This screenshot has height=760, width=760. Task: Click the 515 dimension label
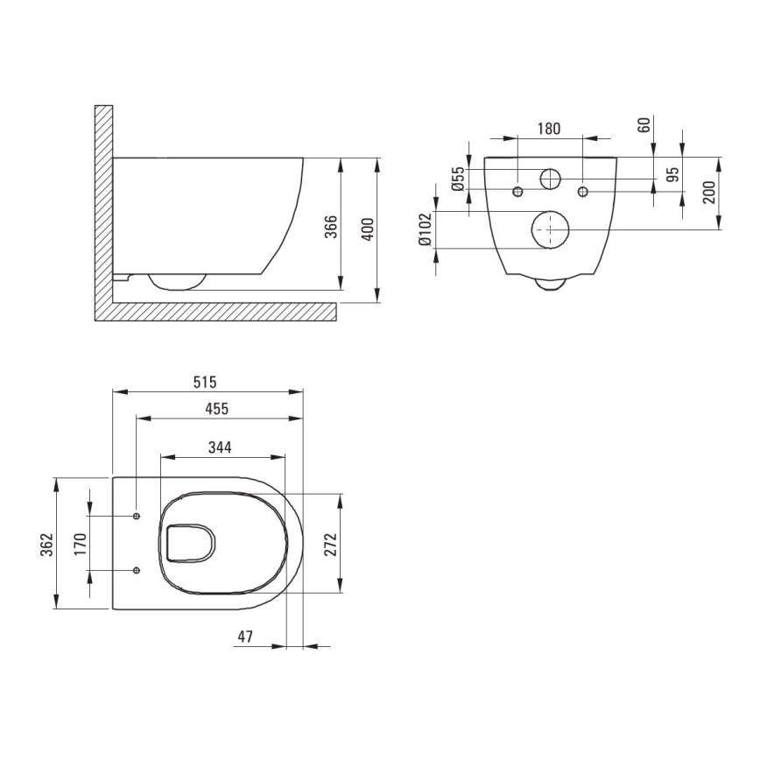[204, 383]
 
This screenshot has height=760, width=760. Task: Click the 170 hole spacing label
[81, 544]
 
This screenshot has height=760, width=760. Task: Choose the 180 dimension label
[548, 129]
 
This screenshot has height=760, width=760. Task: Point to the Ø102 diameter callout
[424, 231]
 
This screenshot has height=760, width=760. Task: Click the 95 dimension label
[672, 173]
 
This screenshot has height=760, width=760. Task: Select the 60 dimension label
[644, 125]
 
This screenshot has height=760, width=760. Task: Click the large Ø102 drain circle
[550, 230]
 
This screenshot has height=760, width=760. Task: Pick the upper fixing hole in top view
[137, 517]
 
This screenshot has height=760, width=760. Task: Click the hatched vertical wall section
[102, 201]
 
